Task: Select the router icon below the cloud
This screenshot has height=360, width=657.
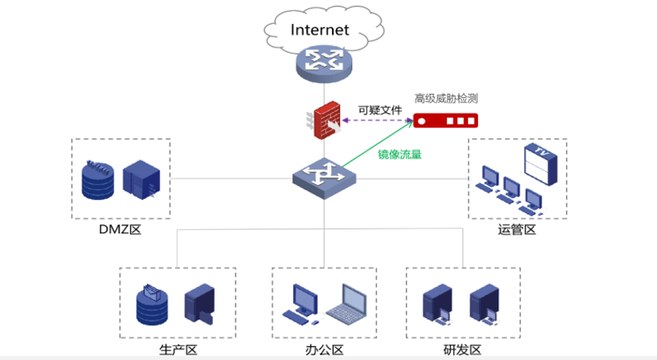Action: click(323, 62)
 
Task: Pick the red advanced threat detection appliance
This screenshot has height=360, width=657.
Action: click(446, 121)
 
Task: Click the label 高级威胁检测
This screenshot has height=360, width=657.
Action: click(446, 99)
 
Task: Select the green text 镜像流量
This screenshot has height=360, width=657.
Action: click(400, 154)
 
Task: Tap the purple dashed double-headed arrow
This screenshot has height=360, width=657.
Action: click(376, 121)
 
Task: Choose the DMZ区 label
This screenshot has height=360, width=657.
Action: click(120, 230)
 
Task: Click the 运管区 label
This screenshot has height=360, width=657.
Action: click(517, 230)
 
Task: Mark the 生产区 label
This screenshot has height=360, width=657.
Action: click(177, 349)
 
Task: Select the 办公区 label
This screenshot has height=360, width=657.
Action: click(324, 349)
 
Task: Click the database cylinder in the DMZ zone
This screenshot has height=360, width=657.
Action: click(99, 180)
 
